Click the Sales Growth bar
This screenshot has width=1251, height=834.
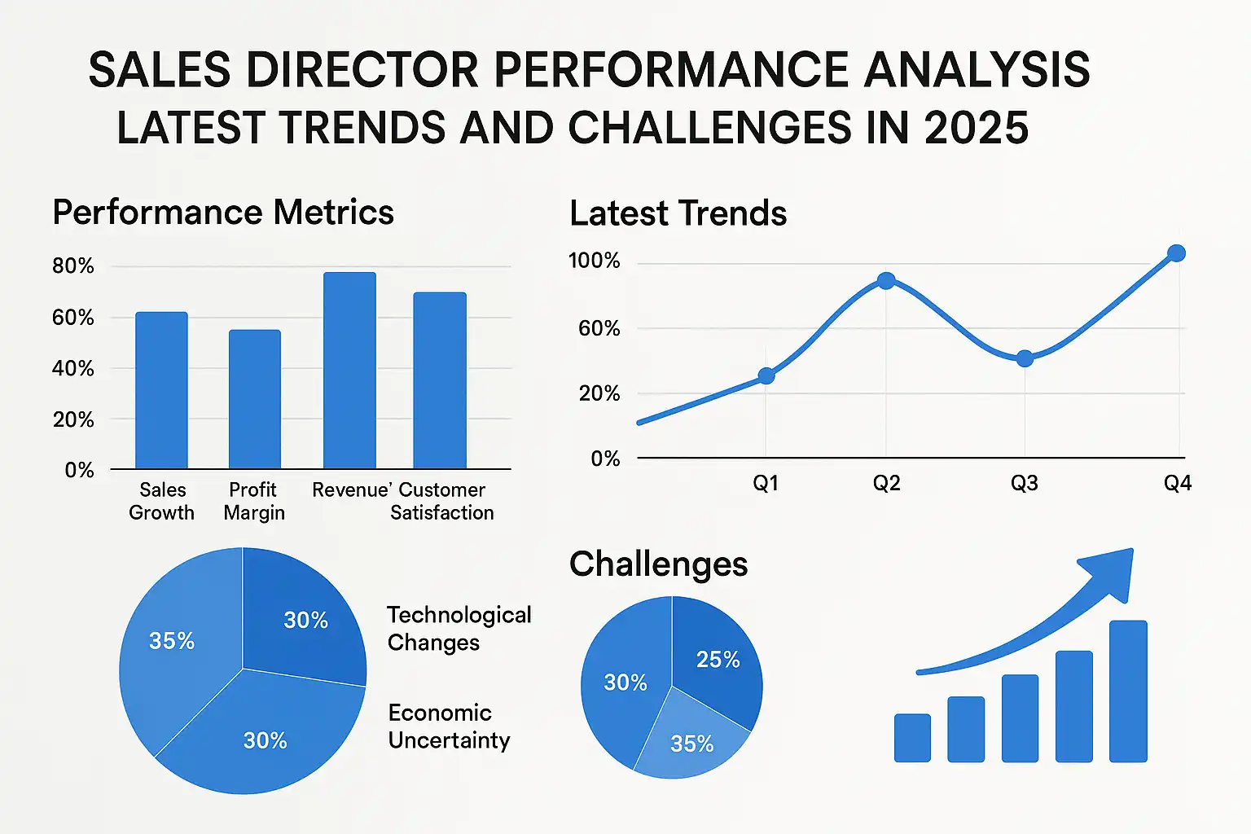click(x=161, y=390)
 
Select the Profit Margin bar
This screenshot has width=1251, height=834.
click(x=254, y=399)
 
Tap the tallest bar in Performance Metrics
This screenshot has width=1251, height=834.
click(x=349, y=371)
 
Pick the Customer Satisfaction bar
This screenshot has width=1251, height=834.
click(x=440, y=380)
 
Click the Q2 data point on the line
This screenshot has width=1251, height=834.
click(x=886, y=281)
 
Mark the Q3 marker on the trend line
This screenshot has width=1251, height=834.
click(x=1025, y=358)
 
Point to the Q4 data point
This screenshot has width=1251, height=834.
click(x=1176, y=253)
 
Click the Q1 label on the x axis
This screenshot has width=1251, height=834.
click(x=766, y=484)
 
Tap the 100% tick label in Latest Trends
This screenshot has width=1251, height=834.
click(x=594, y=261)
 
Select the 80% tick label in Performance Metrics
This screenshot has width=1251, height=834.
click(x=73, y=266)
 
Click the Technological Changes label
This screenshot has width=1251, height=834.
click(x=459, y=628)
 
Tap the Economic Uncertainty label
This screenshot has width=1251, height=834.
click(x=449, y=726)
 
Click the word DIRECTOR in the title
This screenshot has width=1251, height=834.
click(x=363, y=70)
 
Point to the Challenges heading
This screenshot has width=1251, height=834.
click(x=658, y=564)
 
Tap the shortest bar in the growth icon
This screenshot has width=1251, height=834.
click(x=912, y=738)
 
